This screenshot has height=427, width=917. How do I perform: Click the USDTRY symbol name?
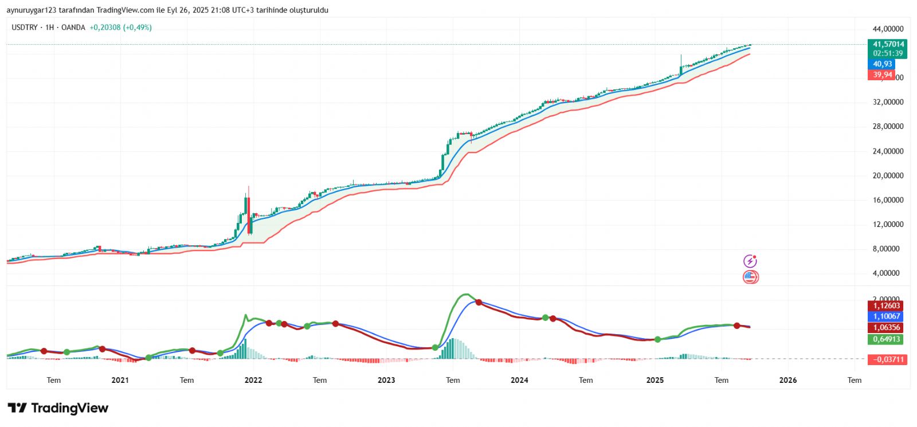(x=25, y=28)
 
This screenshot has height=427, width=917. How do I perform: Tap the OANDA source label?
(x=73, y=28)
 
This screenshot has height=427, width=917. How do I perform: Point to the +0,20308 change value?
(x=105, y=28)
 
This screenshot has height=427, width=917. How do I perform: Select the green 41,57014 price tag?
(x=888, y=44)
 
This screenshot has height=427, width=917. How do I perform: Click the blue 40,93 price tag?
(x=883, y=64)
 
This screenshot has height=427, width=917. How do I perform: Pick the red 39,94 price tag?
(x=883, y=75)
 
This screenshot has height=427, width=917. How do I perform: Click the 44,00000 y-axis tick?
(x=888, y=29)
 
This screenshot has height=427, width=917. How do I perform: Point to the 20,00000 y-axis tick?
(x=888, y=176)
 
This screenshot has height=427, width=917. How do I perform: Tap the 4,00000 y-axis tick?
(x=888, y=273)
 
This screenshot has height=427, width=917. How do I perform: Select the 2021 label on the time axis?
(x=120, y=380)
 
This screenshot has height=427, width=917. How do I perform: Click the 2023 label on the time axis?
(x=386, y=380)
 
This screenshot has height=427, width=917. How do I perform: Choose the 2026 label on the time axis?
(x=788, y=380)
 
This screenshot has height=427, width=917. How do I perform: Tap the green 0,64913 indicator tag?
(x=887, y=339)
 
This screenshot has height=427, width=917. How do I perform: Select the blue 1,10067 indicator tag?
(x=887, y=316)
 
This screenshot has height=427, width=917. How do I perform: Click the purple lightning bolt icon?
(x=750, y=261)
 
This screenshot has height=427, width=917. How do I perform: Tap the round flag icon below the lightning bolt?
(x=751, y=277)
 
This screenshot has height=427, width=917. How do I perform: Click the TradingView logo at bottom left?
(x=58, y=408)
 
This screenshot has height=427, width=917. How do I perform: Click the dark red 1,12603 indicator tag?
(x=887, y=305)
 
